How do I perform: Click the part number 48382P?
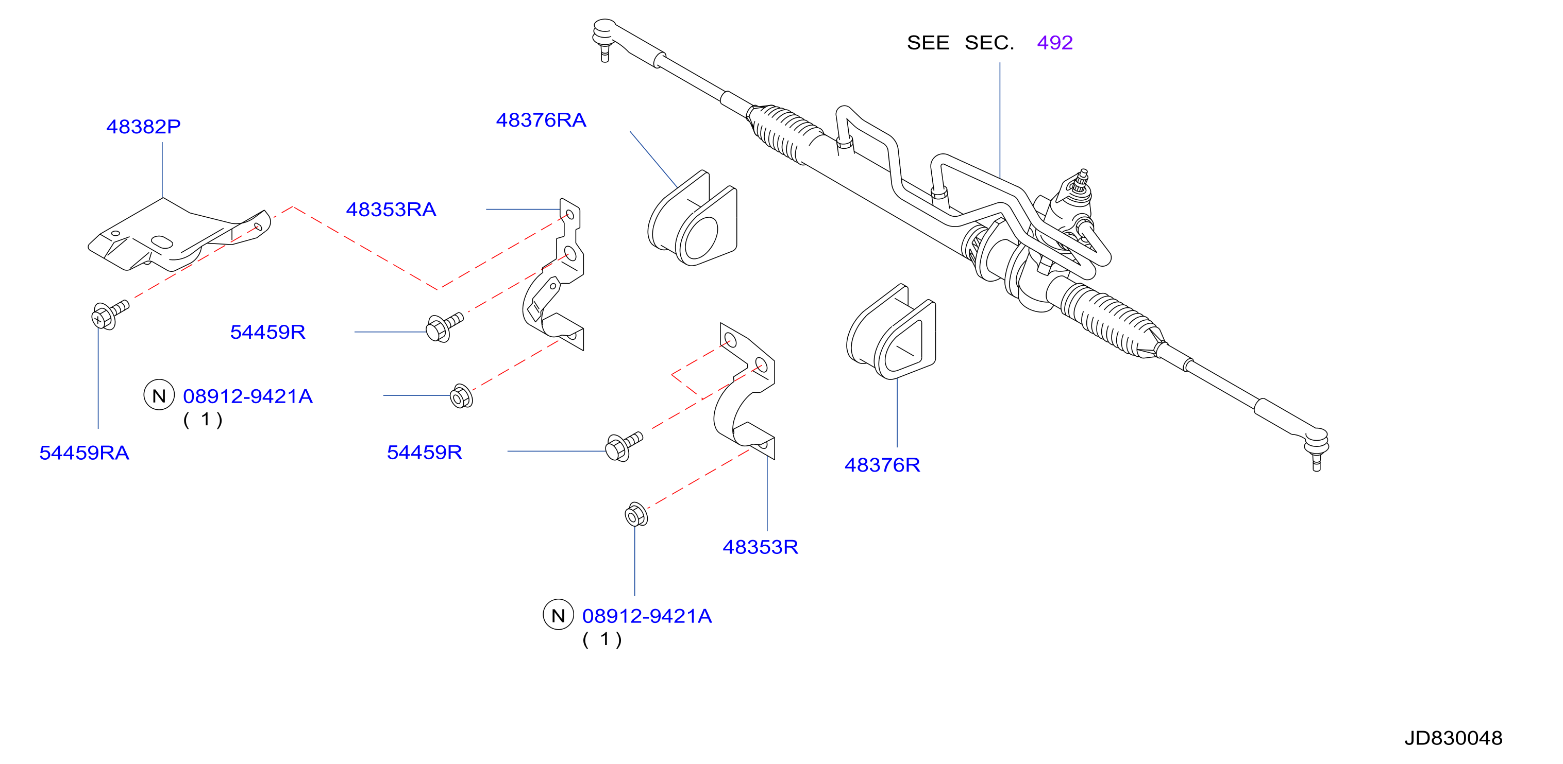pyautogui.click(x=143, y=127)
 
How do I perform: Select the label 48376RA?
pyautogui.click(x=541, y=120)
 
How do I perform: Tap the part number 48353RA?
pyautogui.click(x=391, y=210)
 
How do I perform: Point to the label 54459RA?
pyautogui.click(x=85, y=453)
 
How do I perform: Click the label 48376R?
pyautogui.click(x=882, y=465)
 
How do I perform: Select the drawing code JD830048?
pyautogui.click(x=1453, y=738)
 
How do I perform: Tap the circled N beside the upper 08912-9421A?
pyautogui.click(x=159, y=395)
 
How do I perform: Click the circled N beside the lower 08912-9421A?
pyautogui.click(x=558, y=615)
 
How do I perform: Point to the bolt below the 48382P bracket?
pyautogui.click(x=110, y=314)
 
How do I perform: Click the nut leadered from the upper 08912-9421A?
pyautogui.click(x=461, y=396)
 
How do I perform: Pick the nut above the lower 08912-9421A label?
pyautogui.click(x=636, y=515)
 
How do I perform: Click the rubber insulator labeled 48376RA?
pyautogui.click(x=692, y=218)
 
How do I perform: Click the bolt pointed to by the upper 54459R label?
pyautogui.click(x=445, y=327)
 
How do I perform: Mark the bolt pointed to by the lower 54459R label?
pyautogui.click(x=624, y=447)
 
